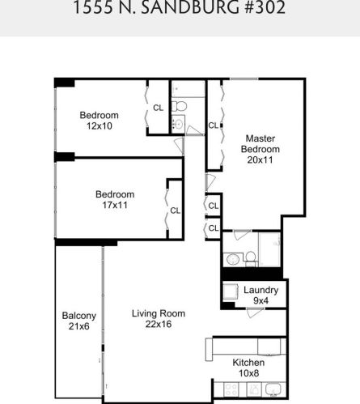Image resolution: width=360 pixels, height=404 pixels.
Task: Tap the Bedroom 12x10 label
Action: (99, 121)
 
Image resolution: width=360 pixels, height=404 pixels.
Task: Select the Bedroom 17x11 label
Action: (115, 200)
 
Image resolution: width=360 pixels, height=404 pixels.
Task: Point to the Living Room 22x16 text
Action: (159, 319)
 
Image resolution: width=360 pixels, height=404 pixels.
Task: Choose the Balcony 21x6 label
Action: (78, 321)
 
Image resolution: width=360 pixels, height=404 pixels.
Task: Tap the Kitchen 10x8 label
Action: (248, 368)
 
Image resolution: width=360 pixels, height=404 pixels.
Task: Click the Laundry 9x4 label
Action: (261, 296)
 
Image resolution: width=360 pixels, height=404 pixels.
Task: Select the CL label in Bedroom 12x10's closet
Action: (158, 108)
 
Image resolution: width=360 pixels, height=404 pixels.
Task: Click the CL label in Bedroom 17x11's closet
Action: (175, 211)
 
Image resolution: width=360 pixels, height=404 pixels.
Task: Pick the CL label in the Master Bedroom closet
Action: (214, 125)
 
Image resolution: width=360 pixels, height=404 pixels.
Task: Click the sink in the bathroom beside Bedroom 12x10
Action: (177, 124)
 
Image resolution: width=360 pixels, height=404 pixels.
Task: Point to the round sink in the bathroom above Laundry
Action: (232, 259)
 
